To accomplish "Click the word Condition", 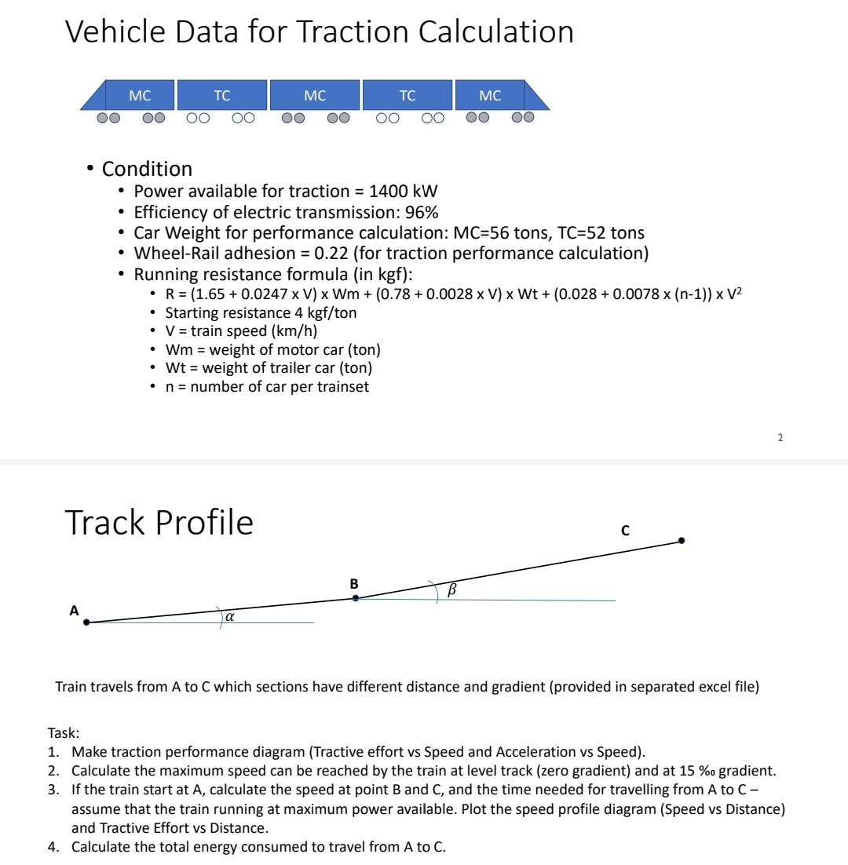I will pos(147,169).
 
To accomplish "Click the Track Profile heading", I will pos(159,523).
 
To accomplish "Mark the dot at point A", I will pos(86,622).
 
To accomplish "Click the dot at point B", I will pos(356,598).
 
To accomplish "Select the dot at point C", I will pos(682,540).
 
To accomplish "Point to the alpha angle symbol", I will pos(229,617).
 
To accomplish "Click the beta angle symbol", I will pos(451,589).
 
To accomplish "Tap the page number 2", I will pos(780,437).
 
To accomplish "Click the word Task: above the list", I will pos(64,733).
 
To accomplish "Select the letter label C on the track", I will pos(625,529).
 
